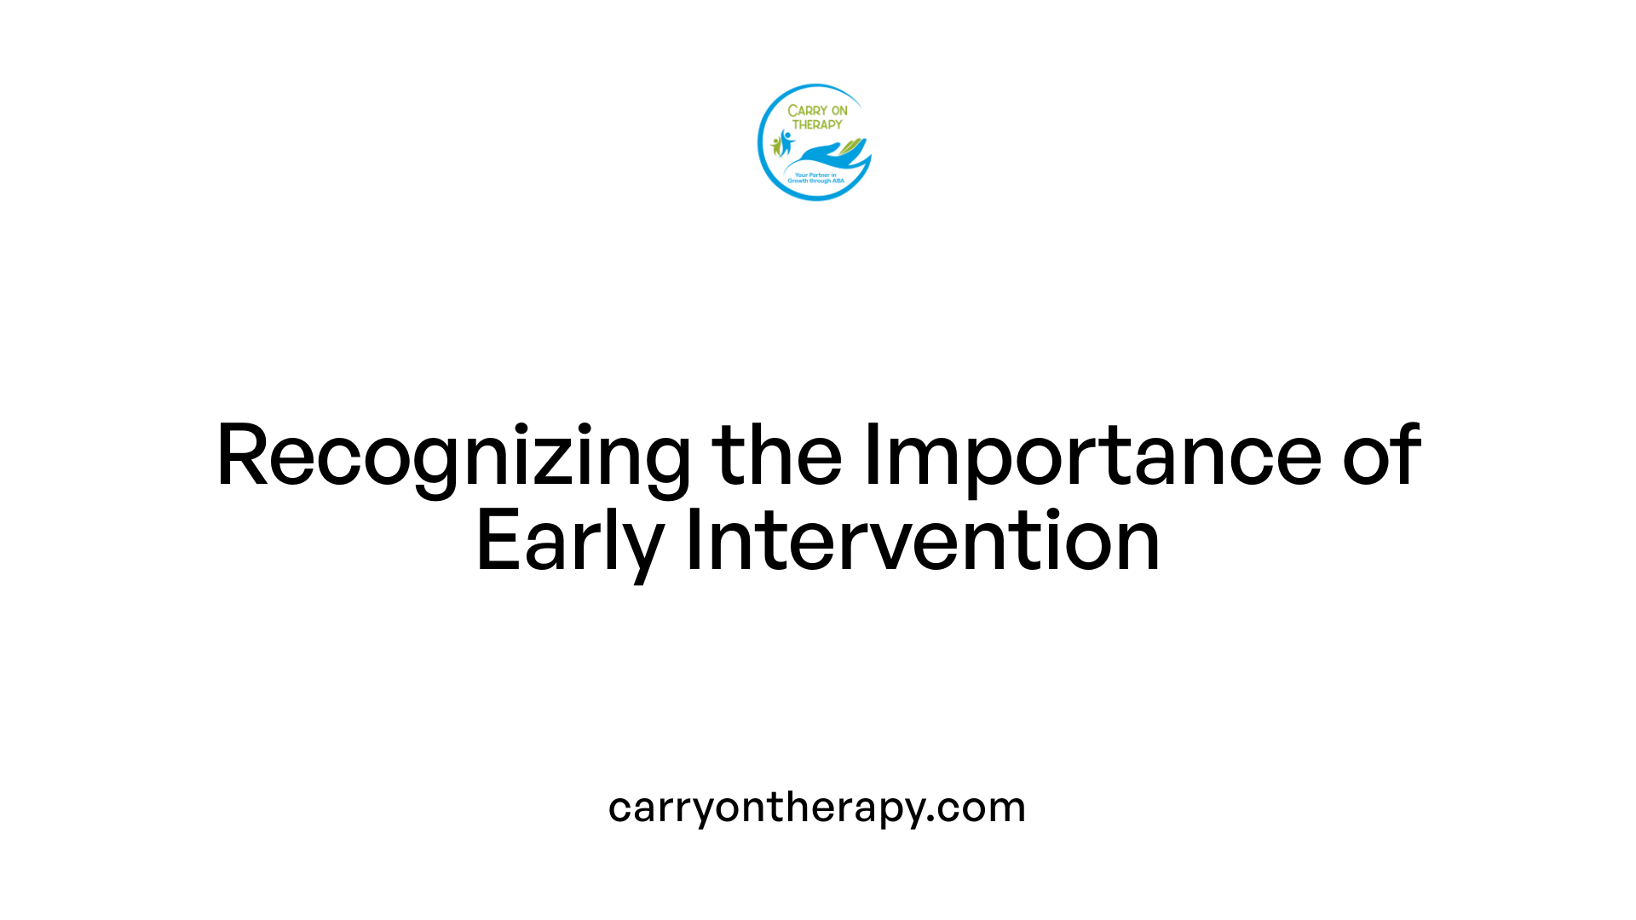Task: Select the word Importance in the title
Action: (x=1092, y=457)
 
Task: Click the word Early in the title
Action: (x=569, y=542)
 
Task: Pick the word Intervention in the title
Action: (x=923, y=540)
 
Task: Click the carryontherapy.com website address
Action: (x=816, y=808)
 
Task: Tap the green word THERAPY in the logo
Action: (x=817, y=124)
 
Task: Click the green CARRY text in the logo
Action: (x=805, y=111)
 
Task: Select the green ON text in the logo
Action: (x=839, y=111)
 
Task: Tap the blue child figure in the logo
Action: (x=786, y=141)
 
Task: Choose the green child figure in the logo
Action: (x=775, y=146)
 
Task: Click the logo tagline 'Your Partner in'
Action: (x=815, y=175)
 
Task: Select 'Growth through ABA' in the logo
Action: (x=815, y=181)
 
